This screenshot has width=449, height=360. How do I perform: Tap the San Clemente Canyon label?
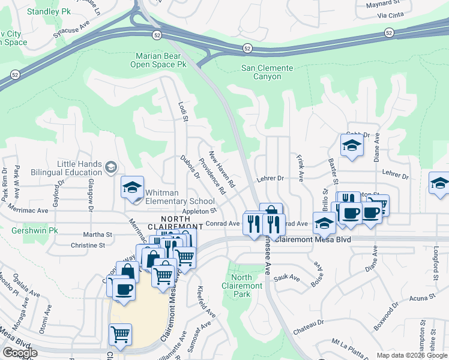(x=267, y=72)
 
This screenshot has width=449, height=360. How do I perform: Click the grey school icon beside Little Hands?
(x=110, y=167)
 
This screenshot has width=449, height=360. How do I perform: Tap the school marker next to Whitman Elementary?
(x=132, y=187)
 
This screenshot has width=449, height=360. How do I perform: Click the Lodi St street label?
(x=183, y=113)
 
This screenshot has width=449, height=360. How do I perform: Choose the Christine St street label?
(x=88, y=245)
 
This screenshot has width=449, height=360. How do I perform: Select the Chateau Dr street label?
(x=309, y=323)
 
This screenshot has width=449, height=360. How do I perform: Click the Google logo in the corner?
(x=19, y=353)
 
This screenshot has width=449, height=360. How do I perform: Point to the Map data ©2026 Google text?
(x=411, y=355)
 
